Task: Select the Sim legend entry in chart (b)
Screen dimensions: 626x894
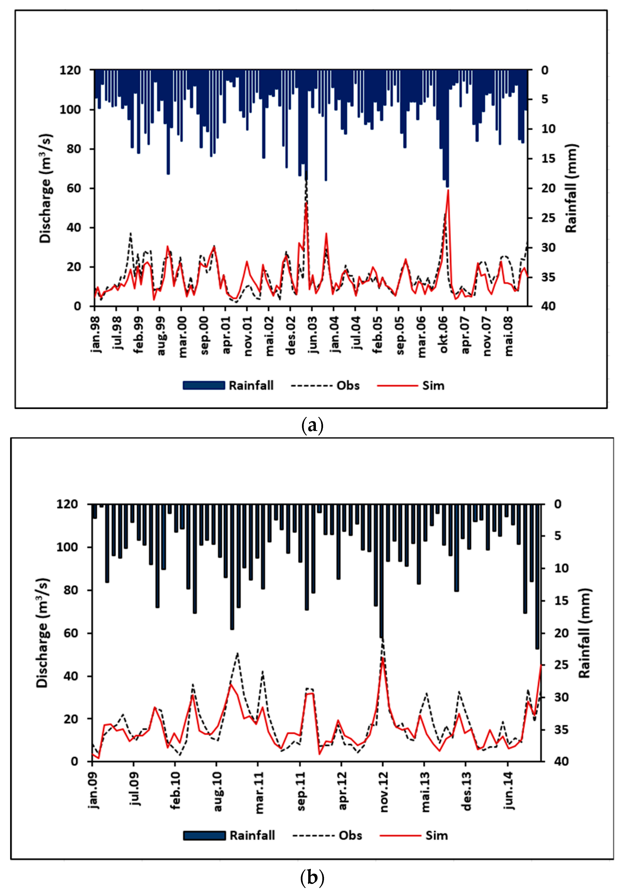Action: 414,836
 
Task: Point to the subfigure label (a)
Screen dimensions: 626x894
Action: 312,426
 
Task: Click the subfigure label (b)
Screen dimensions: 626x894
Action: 312,878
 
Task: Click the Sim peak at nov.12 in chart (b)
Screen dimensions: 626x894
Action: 383,658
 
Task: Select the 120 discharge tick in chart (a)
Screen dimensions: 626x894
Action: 70,70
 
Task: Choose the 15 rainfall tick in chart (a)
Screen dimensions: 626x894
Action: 549,159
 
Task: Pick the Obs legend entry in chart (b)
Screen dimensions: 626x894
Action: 327,836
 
